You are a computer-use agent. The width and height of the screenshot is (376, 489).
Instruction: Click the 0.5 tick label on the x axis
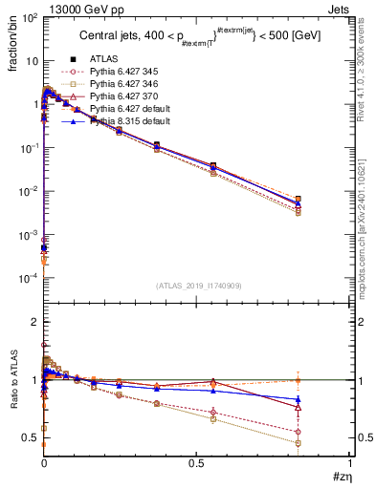pos(197,462)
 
